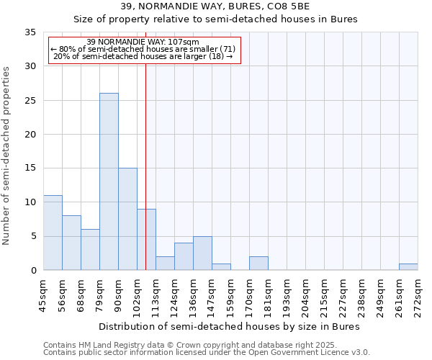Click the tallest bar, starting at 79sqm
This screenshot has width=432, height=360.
pos(109,181)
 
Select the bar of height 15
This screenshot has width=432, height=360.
pos(127,219)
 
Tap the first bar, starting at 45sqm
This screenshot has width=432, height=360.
pos(53,233)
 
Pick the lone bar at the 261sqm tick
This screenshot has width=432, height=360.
pos(408,266)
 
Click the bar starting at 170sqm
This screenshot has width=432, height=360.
pos(258,264)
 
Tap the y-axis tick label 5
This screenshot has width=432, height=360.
pos(33,236)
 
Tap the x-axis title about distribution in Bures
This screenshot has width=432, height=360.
pos(229,326)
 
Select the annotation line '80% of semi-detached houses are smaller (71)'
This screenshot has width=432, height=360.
pos(143,49)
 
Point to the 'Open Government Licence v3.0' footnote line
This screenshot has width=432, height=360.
pos(207,353)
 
